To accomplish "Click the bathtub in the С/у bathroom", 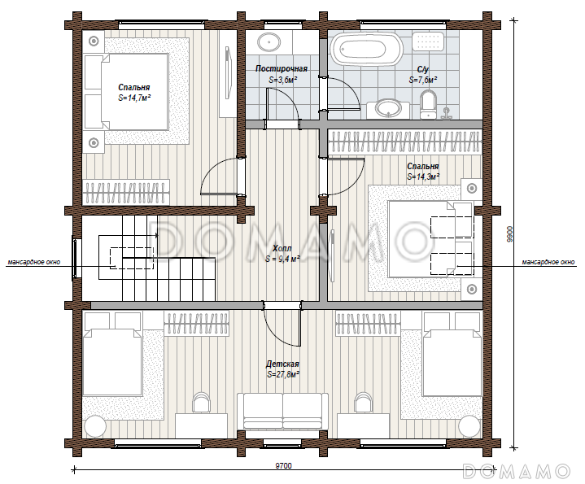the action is click(x=367, y=49).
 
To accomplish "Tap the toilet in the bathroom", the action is click(x=428, y=105).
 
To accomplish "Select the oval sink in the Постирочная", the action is click(x=269, y=42).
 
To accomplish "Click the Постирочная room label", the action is click(x=282, y=68).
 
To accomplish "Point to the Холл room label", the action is click(x=282, y=248).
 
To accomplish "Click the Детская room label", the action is click(x=282, y=364).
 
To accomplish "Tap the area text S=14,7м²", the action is click(x=134, y=98).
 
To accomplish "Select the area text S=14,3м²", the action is click(x=423, y=177).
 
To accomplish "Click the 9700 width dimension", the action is click(x=283, y=466).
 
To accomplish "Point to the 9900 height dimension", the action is click(x=509, y=234).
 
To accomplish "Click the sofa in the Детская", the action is click(x=283, y=412).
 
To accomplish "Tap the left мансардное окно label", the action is click(x=34, y=262).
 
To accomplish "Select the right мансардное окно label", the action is click(x=548, y=262).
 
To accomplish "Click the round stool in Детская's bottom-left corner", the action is click(x=95, y=425).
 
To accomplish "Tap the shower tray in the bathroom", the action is click(x=429, y=41).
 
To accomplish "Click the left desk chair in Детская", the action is click(x=202, y=402).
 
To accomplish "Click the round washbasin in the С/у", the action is click(x=388, y=109).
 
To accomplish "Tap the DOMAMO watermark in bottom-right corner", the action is click(x=517, y=471).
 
